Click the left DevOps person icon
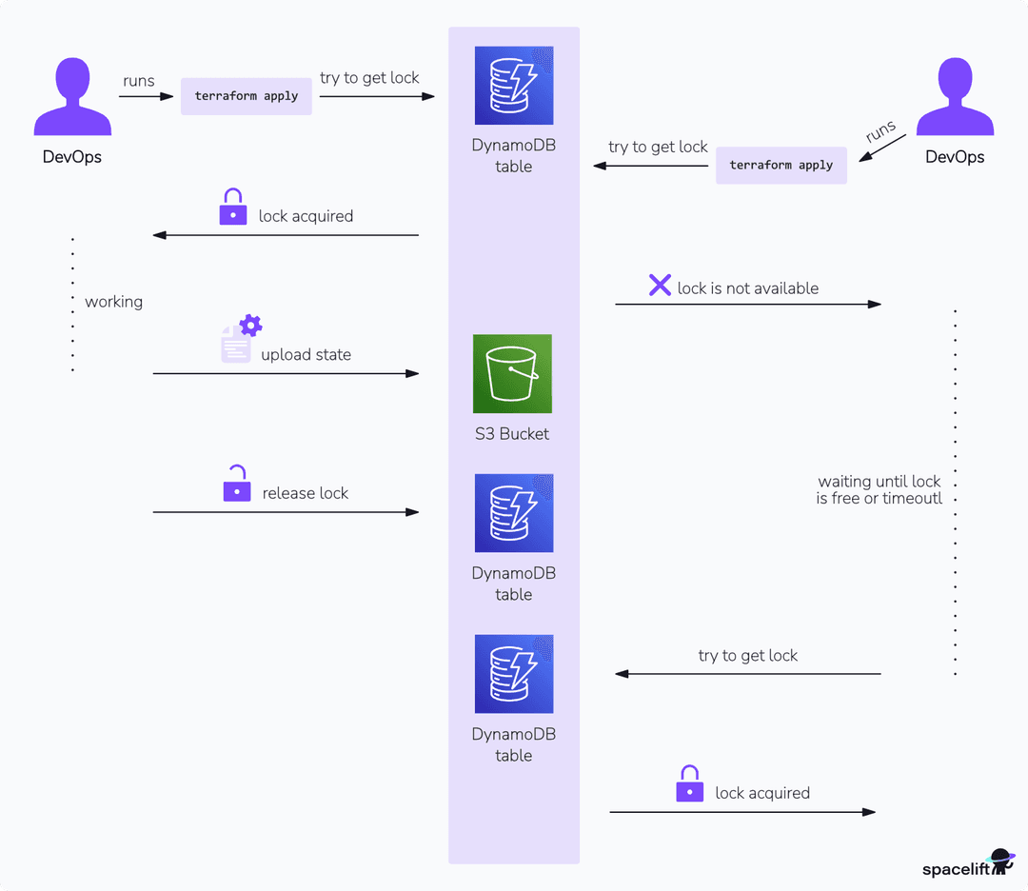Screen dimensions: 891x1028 tap(72, 98)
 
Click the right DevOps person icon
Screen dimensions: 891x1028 tap(955, 98)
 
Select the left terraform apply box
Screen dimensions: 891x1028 tap(247, 96)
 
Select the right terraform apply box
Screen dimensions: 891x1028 tap(781, 165)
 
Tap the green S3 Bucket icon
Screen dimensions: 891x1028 tap(513, 373)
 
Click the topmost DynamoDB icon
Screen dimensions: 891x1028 tap(514, 86)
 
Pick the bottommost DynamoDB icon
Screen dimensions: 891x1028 tap(514, 674)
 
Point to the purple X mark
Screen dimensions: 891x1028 tap(660, 285)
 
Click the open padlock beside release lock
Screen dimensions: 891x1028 tap(236, 485)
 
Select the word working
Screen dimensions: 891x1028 tap(113, 302)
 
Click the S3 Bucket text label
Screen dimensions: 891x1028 tap(513, 434)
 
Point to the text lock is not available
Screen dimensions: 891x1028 tap(747, 288)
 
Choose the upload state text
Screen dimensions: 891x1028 tap(306, 355)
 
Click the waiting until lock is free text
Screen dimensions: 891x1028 tap(879, 489)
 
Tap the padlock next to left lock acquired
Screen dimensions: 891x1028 tap(233, 208)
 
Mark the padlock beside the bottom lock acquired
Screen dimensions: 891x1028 tap(689, 784)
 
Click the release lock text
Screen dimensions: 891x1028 tap(306, 493)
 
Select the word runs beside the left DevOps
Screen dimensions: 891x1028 tap(138, 81)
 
